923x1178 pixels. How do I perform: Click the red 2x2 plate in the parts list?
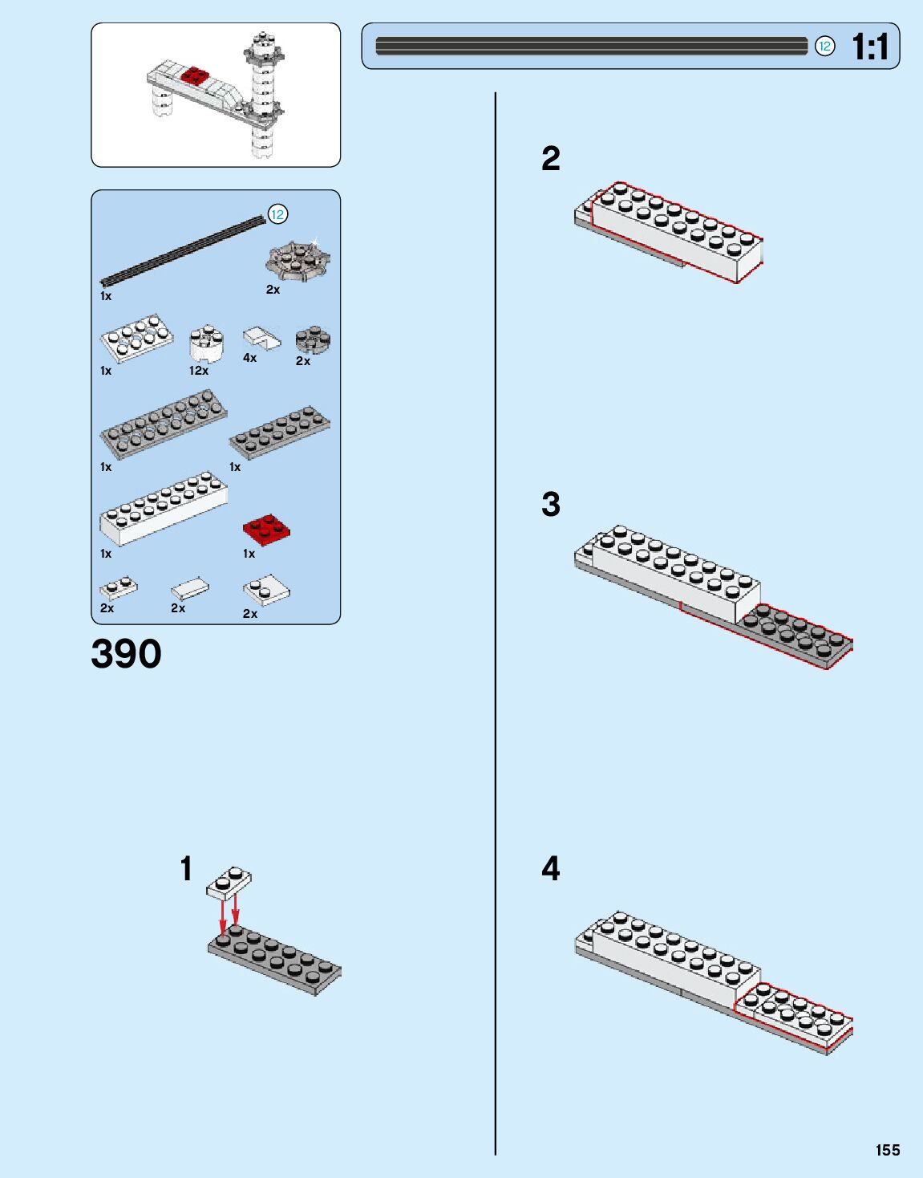pos(266,530)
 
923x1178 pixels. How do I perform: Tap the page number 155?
pos(888,1150)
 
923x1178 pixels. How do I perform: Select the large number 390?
pos(126,654)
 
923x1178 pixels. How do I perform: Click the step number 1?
pos(186,868)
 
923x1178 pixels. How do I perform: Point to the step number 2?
pos(550,159)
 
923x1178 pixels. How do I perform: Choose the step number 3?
pos(550,505)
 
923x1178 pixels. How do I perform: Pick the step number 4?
pos(550,868)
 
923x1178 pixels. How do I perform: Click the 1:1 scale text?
pos(870,47)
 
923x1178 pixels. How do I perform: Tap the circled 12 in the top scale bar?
pos(824,47)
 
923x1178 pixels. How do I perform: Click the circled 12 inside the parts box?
pos(277,214)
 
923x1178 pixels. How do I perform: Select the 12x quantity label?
pos(198,371)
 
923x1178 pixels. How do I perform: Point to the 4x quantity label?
pos(249,358)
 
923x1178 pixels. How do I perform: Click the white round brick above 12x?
pos(206,343)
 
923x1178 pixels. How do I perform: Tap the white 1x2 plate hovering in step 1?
pos(229,882)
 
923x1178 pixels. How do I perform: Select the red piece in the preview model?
pos(194,76)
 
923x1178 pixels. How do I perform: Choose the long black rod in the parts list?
pos(183,251)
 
